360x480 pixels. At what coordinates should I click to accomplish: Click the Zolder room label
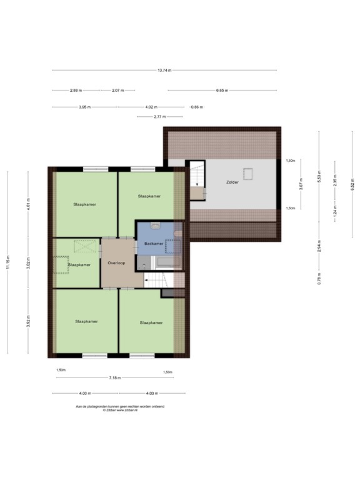[232, 182]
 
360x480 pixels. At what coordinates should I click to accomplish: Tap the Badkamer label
[154, 244]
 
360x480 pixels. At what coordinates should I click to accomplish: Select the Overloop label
[116, 262]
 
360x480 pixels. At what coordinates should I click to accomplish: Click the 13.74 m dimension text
[164, 70]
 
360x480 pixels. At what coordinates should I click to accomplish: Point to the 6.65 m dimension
[222, 90]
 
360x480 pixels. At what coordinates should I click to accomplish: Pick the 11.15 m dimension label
[7, 262]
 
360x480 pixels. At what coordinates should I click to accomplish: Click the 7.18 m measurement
[115, 377]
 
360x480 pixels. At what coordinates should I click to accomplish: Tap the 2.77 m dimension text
[160, 117]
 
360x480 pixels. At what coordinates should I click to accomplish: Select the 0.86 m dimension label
[197, 107]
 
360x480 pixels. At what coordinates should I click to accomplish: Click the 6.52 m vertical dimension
[352, 184]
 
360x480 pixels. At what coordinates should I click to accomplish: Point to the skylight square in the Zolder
[248, 174]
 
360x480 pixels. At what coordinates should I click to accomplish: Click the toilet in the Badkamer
[156, 226]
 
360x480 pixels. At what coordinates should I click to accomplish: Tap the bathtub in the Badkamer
[167, 262]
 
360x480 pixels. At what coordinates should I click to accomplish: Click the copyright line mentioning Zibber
[120, 410]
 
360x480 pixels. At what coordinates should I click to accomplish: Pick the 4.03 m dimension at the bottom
[152, 393]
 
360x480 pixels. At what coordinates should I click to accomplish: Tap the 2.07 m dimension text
[118, 90]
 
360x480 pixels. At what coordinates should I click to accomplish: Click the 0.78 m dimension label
[319, 279]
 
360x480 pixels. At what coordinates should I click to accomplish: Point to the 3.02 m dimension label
[28, 264]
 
